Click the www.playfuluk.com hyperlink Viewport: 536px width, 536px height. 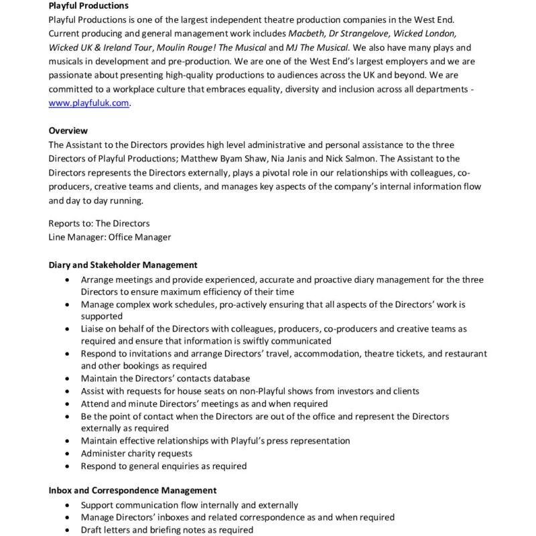88,103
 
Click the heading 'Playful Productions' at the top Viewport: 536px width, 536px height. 88,6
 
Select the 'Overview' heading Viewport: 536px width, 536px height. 68,131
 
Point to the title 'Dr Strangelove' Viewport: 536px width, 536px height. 365,33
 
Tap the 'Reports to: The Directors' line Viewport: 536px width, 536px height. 99,223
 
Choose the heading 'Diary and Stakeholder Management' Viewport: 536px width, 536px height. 123,265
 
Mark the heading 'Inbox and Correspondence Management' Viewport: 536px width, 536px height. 132,490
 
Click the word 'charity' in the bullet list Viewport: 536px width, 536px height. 141,454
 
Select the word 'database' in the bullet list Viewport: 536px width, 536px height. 228,379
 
